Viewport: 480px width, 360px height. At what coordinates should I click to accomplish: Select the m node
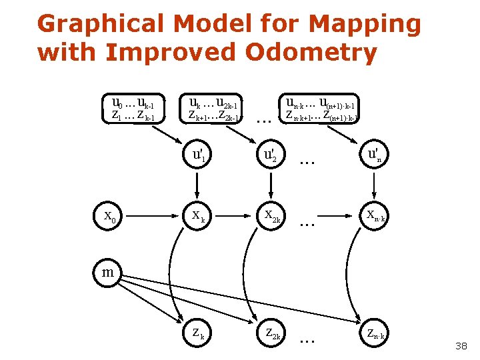107,272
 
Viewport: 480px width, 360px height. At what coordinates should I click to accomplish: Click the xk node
199,215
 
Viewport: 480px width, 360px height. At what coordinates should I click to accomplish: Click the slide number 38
461,346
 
